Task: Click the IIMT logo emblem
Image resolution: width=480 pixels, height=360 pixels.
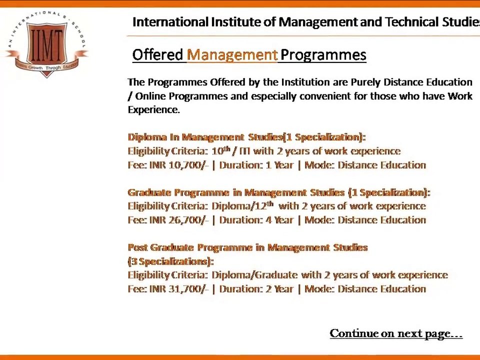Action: coord(47,44)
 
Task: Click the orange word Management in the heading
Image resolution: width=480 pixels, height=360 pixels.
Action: coord(232,55)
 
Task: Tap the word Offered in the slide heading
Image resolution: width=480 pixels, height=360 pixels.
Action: coord(157,55)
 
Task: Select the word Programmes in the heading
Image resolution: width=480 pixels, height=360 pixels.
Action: coord(323,55)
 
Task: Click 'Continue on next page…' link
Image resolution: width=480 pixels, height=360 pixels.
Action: coord(396,333)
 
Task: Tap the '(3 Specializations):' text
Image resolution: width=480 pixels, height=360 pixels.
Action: coord(170,261)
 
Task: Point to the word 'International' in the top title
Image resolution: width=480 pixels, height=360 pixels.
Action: coord(170,22)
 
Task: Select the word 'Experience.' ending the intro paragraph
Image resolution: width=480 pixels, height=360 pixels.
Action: coord(153,110)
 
